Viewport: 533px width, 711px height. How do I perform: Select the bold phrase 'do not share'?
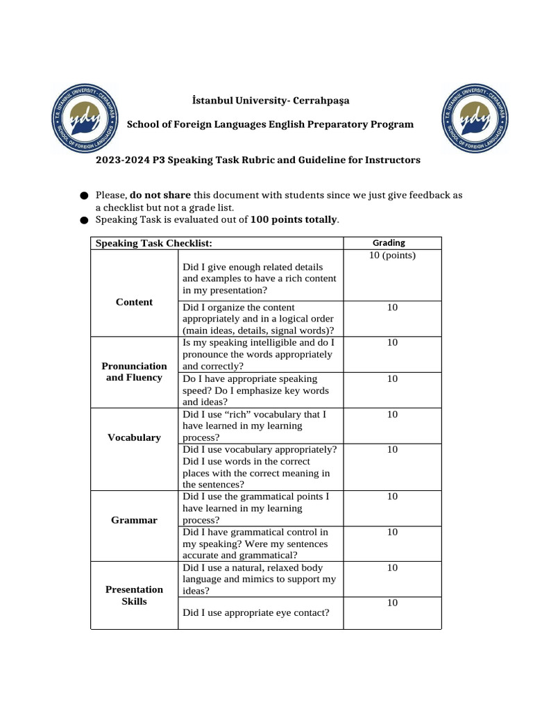(160, 195)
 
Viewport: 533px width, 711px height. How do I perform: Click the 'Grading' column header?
(389, 242)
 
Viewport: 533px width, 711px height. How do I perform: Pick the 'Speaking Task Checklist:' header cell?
(153, 243)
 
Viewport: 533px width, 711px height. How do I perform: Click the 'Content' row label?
(135, 302)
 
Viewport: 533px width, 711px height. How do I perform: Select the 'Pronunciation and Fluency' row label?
(135, 371)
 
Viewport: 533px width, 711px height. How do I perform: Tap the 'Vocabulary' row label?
(135, 437)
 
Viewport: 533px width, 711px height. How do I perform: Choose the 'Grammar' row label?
(135, 520)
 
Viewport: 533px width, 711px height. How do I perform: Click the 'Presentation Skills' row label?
(135, 595)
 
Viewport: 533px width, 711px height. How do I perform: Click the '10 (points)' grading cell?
(392, 256)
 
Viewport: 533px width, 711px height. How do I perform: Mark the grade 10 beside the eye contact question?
(392, 603)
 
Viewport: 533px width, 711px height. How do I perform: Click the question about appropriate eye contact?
(255, 612)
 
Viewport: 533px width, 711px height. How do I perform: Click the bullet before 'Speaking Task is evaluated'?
(84, 220)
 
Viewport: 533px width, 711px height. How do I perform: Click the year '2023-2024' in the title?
(121, 160)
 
